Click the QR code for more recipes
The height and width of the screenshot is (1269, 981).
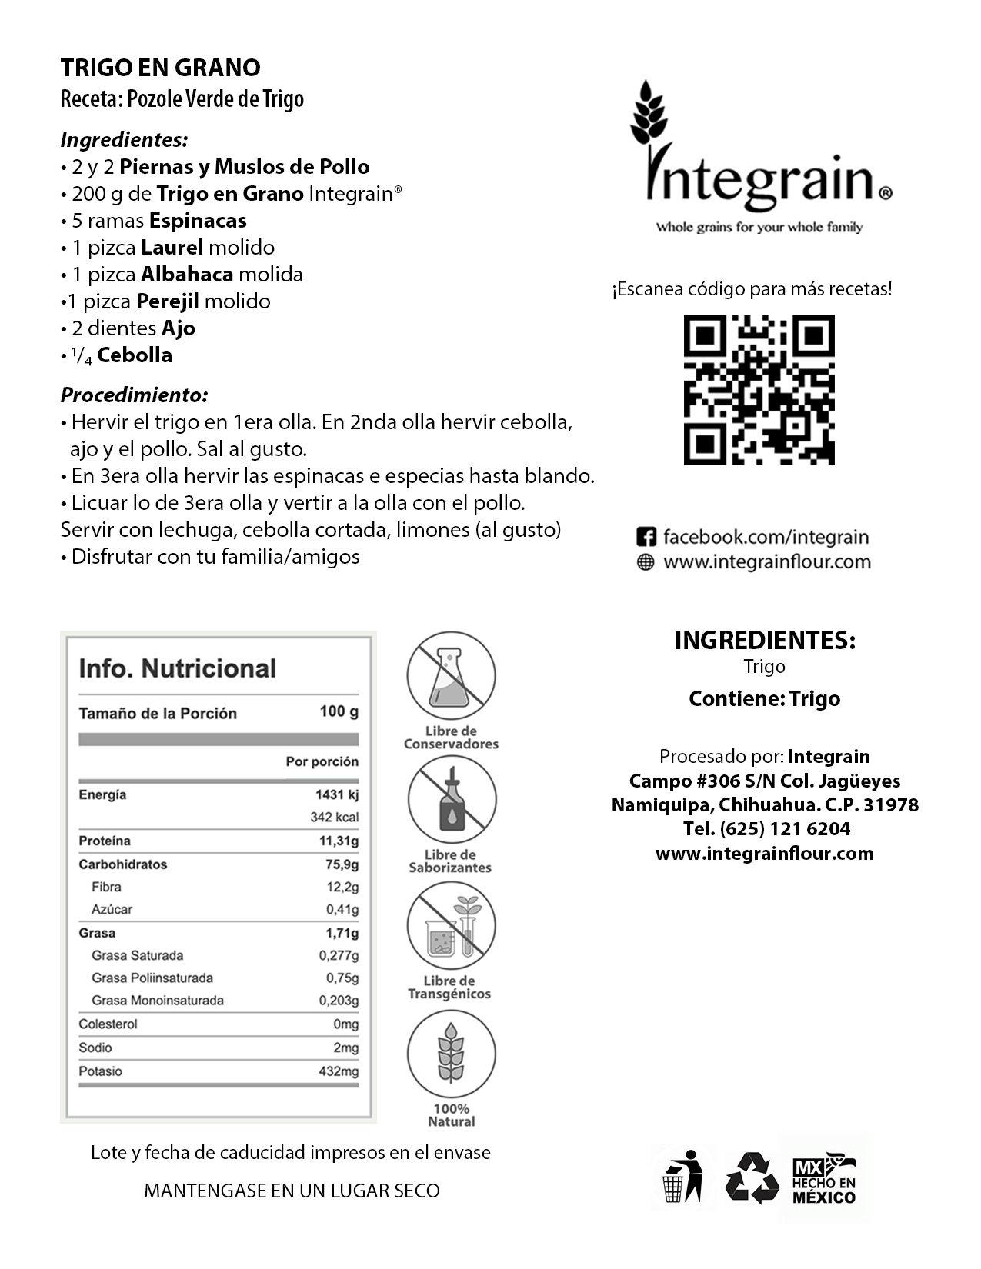[x=759, y=390]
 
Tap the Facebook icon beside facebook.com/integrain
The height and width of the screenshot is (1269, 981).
[x=646, y=537]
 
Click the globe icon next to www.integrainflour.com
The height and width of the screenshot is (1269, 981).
[x=646, y=562]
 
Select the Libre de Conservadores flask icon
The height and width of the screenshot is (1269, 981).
[x=451, y=675]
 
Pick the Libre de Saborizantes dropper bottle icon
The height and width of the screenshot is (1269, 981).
[x=451, y=800]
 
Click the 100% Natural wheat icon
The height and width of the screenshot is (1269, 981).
[x=451, y=1053]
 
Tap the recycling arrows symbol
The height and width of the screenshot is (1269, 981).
[x=752, y=1177]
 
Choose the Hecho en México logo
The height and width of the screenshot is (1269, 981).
[x=824, y=1177]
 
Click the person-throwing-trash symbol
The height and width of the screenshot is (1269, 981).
[x=684, y=1177]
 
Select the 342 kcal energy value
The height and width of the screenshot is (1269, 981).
[x=334, y=817]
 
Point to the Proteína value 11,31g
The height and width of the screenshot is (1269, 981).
[x=339, y=841]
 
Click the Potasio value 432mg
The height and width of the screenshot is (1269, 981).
[x=339, y=1071]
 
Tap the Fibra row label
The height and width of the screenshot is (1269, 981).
[x=106, y=887]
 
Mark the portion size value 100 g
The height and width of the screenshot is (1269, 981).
[x=339, y=711]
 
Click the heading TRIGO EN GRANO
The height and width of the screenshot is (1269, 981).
[x=160, y=68]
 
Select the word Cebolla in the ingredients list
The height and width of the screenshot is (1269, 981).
[x=135, y=355]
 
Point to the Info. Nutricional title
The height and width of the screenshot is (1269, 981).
[x=177, y=668]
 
